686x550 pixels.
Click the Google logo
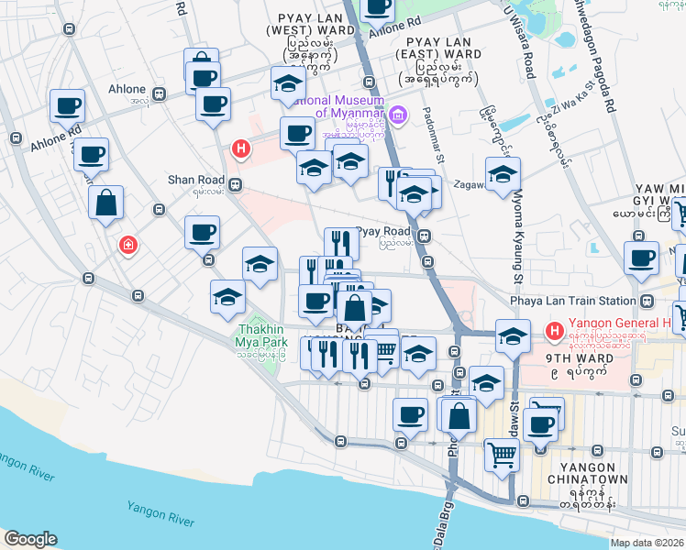30,539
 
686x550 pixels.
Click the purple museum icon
397,115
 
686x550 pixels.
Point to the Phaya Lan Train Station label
573,301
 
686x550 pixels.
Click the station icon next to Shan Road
236,183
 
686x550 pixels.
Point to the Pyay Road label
382,232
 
